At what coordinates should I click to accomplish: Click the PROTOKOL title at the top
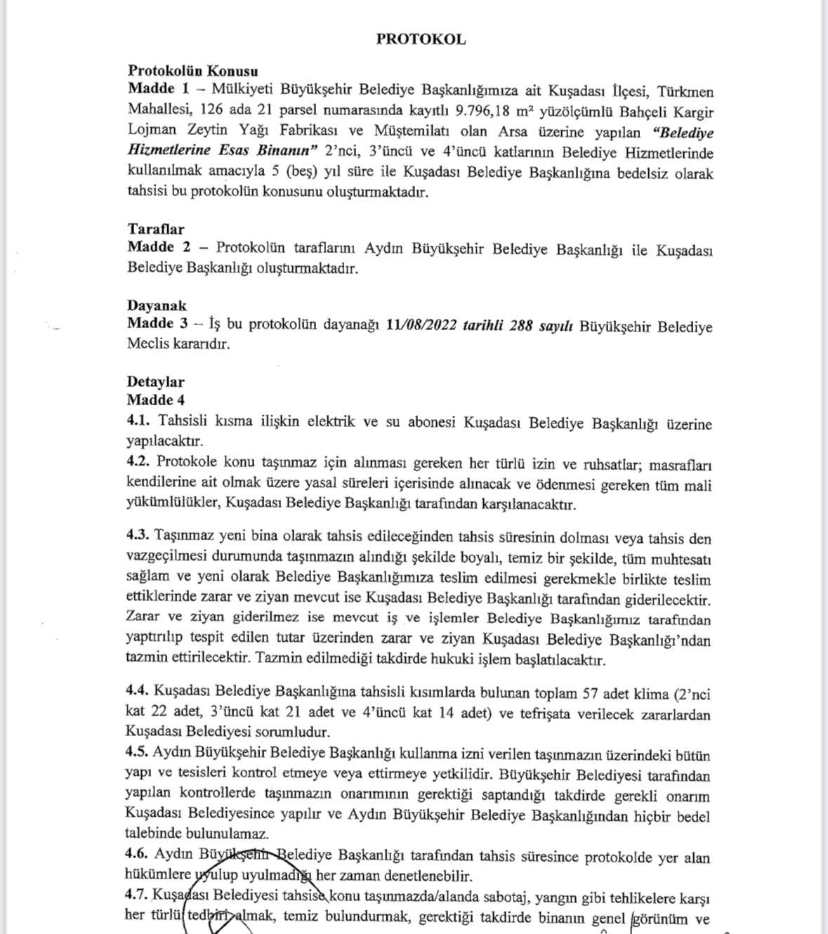[x=421, y=39]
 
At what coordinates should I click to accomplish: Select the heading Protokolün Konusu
[x=192, y=71]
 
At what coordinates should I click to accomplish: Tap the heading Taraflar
[x=155, y=229]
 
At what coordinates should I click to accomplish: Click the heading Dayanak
[x=157, y=305]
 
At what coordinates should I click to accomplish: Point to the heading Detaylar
[x=155, y=382]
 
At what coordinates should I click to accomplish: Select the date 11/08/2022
[x=421, y=326]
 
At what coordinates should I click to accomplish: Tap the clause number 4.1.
[x=138, y=421]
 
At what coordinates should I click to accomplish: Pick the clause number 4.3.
[x=138, y=536]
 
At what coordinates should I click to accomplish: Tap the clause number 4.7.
[x=137, y=896]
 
